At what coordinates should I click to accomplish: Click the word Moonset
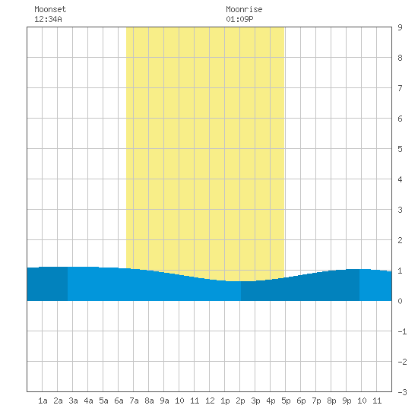(50, 9)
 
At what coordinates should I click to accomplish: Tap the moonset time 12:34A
(48, 19)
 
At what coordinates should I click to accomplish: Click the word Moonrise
(244, 9)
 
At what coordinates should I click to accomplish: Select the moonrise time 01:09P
(239, 19)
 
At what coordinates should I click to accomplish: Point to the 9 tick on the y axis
(400, 27)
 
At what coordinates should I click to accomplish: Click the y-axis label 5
(400, 149)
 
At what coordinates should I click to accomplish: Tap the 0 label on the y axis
(400, 301)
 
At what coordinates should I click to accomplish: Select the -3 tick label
(402, 392)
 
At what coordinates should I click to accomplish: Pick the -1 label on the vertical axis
(402, 331)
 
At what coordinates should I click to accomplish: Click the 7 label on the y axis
(400, 88)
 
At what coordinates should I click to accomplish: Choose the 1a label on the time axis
(43, 401)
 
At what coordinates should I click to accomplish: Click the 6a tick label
(119, 401)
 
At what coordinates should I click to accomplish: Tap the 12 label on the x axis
(210, 401)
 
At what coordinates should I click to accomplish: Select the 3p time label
(255, 401)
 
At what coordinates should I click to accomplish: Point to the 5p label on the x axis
(286, 401)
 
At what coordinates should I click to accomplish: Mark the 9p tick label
(347, 401)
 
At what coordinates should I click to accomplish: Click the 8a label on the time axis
(149, 401)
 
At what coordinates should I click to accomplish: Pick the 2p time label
(240, 401)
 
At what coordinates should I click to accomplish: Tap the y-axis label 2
(400, 240)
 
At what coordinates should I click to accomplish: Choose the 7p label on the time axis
(316, 401)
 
